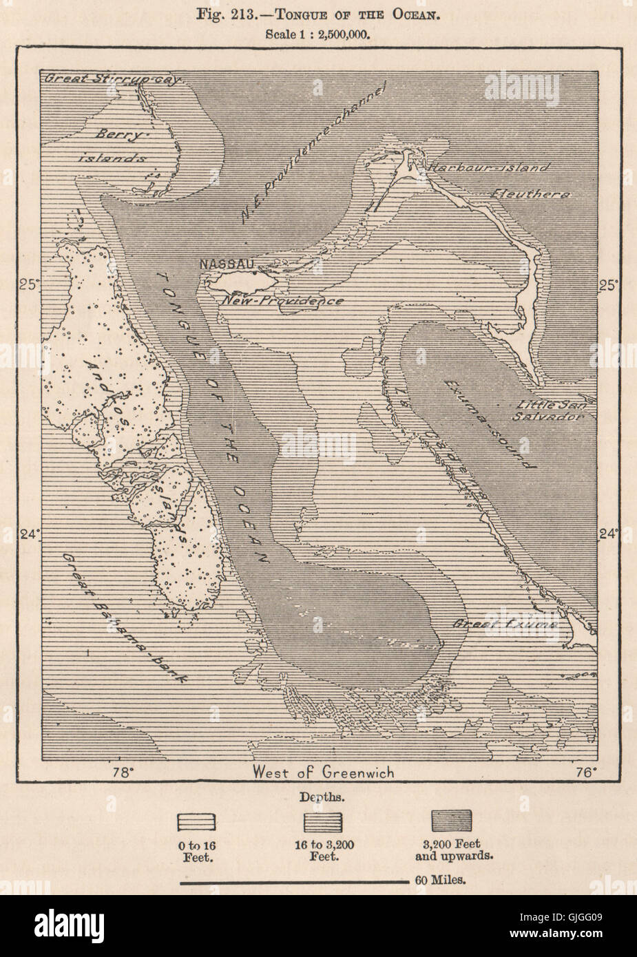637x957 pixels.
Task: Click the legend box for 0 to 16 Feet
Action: pos(197,822)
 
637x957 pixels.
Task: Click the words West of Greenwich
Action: pos(323,772)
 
